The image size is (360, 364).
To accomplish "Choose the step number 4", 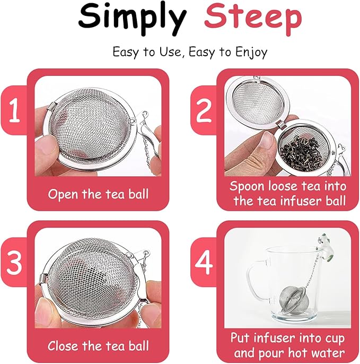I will pyautogui.click(x=204, y=264).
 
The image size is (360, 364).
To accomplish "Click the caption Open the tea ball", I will pyautogui.click(x=98, y=194).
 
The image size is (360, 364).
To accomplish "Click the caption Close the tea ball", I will pyautogui.click(x=98, y=346).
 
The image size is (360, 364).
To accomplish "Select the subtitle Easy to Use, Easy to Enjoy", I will pyautogui.click(x=189, y=52).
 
